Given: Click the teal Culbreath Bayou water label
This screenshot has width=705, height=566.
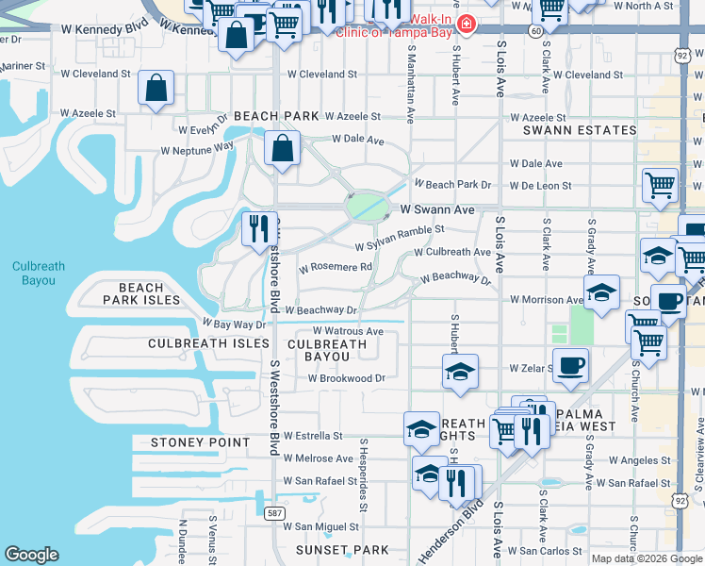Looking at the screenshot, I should pyautogui.click(x=39, y=273).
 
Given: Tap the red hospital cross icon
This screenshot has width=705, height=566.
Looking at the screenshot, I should pyautogui.click(x=463, y=23).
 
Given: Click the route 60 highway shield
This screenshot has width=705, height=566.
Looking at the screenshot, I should pyautogui.click(x=534, y=31).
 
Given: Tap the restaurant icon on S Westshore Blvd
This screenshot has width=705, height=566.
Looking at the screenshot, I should pyautogui.click(x=255, y=229).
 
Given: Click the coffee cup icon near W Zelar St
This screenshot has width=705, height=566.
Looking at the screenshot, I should pyautogui.click(x=570, y=365).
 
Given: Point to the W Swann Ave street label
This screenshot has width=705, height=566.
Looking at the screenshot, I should pyautogui.click(x=437, y=210).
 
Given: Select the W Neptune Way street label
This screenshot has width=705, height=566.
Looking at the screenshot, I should pyautogui.click(x=197, y=149).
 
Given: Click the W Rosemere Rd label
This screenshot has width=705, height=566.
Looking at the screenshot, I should pyautogui.click(x=336, y=268).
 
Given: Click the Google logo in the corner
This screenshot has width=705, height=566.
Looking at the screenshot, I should pyautogui.click(x=32, y=555).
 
